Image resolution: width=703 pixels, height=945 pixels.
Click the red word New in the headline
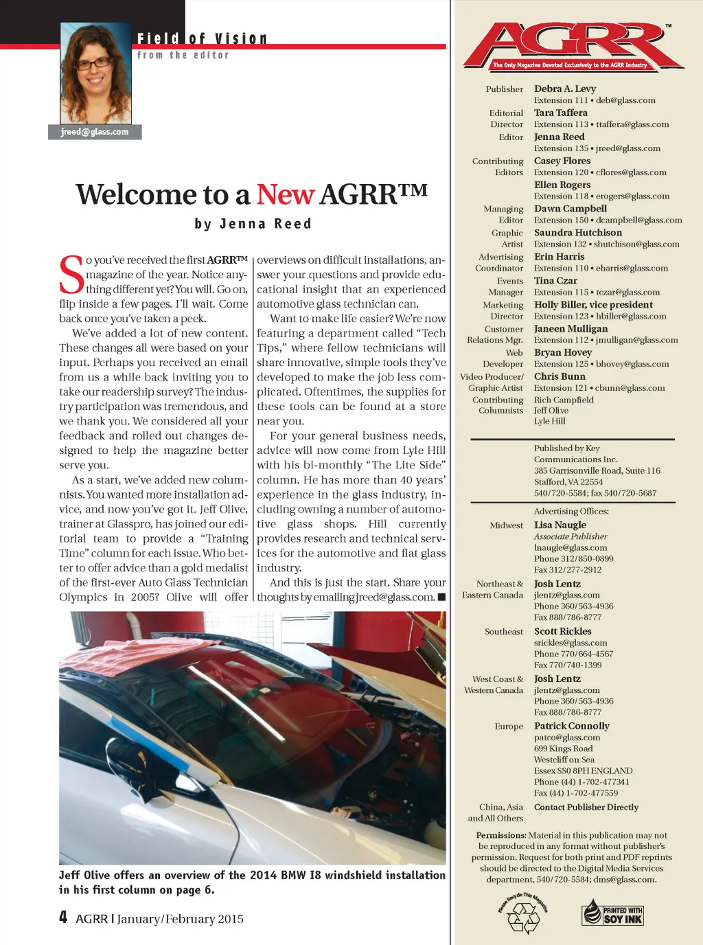click(x=285, y=195)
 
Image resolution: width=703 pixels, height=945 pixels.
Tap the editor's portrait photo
click(x=95, y=73)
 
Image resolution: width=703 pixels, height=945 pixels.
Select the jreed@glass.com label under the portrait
click(x=95, y=132)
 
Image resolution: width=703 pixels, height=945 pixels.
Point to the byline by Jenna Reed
click(x=253, y=224)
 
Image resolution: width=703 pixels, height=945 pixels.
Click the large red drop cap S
click(x=71, y=275)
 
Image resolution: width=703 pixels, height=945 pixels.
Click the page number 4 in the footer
click(x=63, y=918)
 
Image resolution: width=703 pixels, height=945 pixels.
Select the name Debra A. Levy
click(x=565, y=89)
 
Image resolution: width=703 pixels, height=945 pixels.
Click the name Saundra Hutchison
click(x=578, y=233)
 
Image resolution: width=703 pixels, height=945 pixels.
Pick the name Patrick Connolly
click(x=572, y=726)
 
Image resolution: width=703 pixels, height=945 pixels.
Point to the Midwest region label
click(x=506, y=525)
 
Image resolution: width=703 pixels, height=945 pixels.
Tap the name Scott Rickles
click(x=563, y=631)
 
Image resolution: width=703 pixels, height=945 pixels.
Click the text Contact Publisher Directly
click(x=586, y=808)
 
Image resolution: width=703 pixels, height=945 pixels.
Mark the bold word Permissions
click(x=501, y=836)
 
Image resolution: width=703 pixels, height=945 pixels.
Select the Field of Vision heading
click(x=202, y=39)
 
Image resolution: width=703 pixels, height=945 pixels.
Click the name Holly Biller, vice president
click(x=594, y=305)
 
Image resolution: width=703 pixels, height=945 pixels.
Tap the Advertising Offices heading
click(x=571, y=512)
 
